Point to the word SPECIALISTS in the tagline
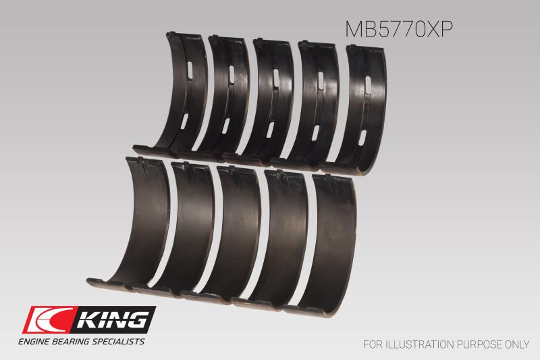[118, 341]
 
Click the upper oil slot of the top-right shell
[368, 83]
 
